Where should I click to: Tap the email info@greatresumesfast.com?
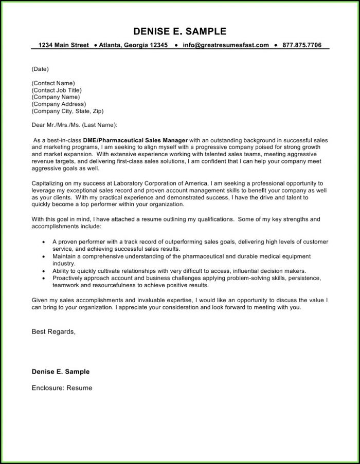(226, 45)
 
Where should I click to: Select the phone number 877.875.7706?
(302, 45)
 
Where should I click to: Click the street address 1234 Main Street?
(63, 45)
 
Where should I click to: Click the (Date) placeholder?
(40, 69)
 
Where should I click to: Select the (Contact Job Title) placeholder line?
(56, 90)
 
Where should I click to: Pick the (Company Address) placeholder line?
(59, 104)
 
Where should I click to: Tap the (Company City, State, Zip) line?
(67, 110)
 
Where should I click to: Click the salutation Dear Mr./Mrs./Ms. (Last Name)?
(74, 124)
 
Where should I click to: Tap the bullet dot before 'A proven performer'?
(42, 241)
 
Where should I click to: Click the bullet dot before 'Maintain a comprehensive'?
(42, 256)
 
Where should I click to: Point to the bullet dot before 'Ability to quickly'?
(42, 271)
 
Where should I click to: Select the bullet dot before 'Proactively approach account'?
(42, 278)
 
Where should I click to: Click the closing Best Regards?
(53, 332)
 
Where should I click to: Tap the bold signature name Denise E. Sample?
(60, 372)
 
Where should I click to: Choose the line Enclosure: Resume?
(62, 388)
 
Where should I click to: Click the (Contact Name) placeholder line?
(53, 83)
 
